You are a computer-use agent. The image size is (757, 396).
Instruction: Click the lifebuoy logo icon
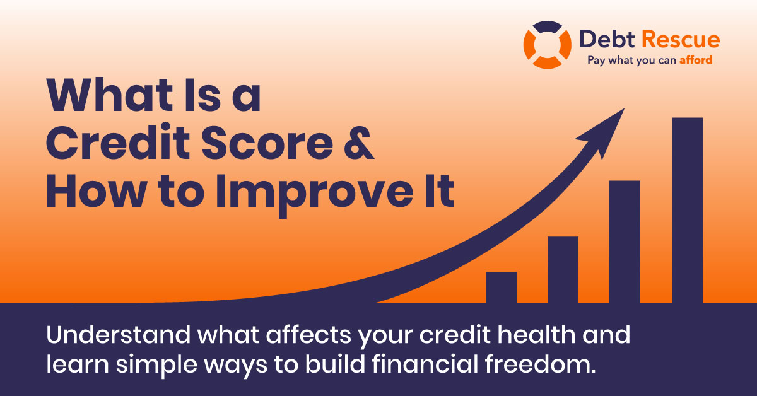tap(547, 45)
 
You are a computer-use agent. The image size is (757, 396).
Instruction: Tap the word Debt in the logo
tap(607, 39)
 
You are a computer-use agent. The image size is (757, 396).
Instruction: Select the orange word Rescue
tap(681, 39)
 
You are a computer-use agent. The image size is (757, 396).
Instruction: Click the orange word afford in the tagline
tap(696, 60)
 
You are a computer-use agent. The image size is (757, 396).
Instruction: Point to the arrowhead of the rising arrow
tap(605, 132)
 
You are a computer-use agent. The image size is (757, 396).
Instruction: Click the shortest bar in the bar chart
tap(502, 287)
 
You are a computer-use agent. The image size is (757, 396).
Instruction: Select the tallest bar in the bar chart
tap(688, 210)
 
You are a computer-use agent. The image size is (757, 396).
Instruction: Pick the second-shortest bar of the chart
tap(563, 270)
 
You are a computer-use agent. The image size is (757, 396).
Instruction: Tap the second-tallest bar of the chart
tap(625, 242)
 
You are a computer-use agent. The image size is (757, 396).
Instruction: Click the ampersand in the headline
tap(358, 143)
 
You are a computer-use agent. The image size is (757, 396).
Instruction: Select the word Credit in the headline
tap(118, 142)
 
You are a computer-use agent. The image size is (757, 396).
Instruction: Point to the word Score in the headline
tap(267, 143)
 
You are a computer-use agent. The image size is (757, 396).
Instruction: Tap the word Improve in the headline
tap(315, 194)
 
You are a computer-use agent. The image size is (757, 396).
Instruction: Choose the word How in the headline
tap(97, 191)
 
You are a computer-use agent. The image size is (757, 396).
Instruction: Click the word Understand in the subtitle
tap(119, 335)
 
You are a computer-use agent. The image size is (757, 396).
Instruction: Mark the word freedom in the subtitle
tap(540, 364)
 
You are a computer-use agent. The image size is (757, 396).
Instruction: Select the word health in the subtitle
tap(537, 334)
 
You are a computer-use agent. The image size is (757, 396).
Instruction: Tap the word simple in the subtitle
tap(156, 366)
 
